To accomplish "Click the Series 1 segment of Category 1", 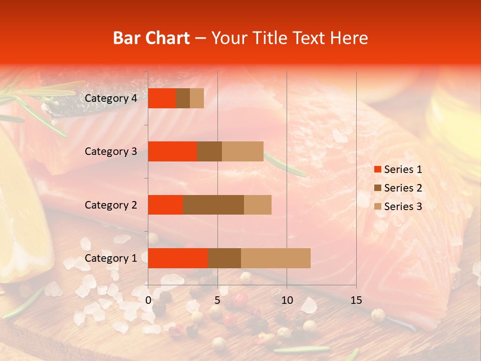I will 178,258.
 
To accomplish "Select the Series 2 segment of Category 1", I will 224,258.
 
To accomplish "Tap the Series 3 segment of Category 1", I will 276,258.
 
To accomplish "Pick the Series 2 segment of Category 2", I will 213,205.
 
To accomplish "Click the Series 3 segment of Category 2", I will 258,205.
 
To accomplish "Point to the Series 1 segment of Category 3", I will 172,151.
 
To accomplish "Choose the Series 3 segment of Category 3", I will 243,151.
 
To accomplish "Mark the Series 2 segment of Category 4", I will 183,98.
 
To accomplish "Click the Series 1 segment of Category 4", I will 162,98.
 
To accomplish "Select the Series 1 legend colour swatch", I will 377,169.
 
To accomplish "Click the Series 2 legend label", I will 403,188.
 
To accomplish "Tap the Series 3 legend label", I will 403,207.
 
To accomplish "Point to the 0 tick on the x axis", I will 148,300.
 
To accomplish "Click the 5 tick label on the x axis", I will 217,300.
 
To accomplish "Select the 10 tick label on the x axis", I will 287,300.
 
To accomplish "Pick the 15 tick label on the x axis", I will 356,300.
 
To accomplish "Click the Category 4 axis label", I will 111,98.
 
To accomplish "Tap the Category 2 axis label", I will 111,205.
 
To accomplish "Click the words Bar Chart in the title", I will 151,38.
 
